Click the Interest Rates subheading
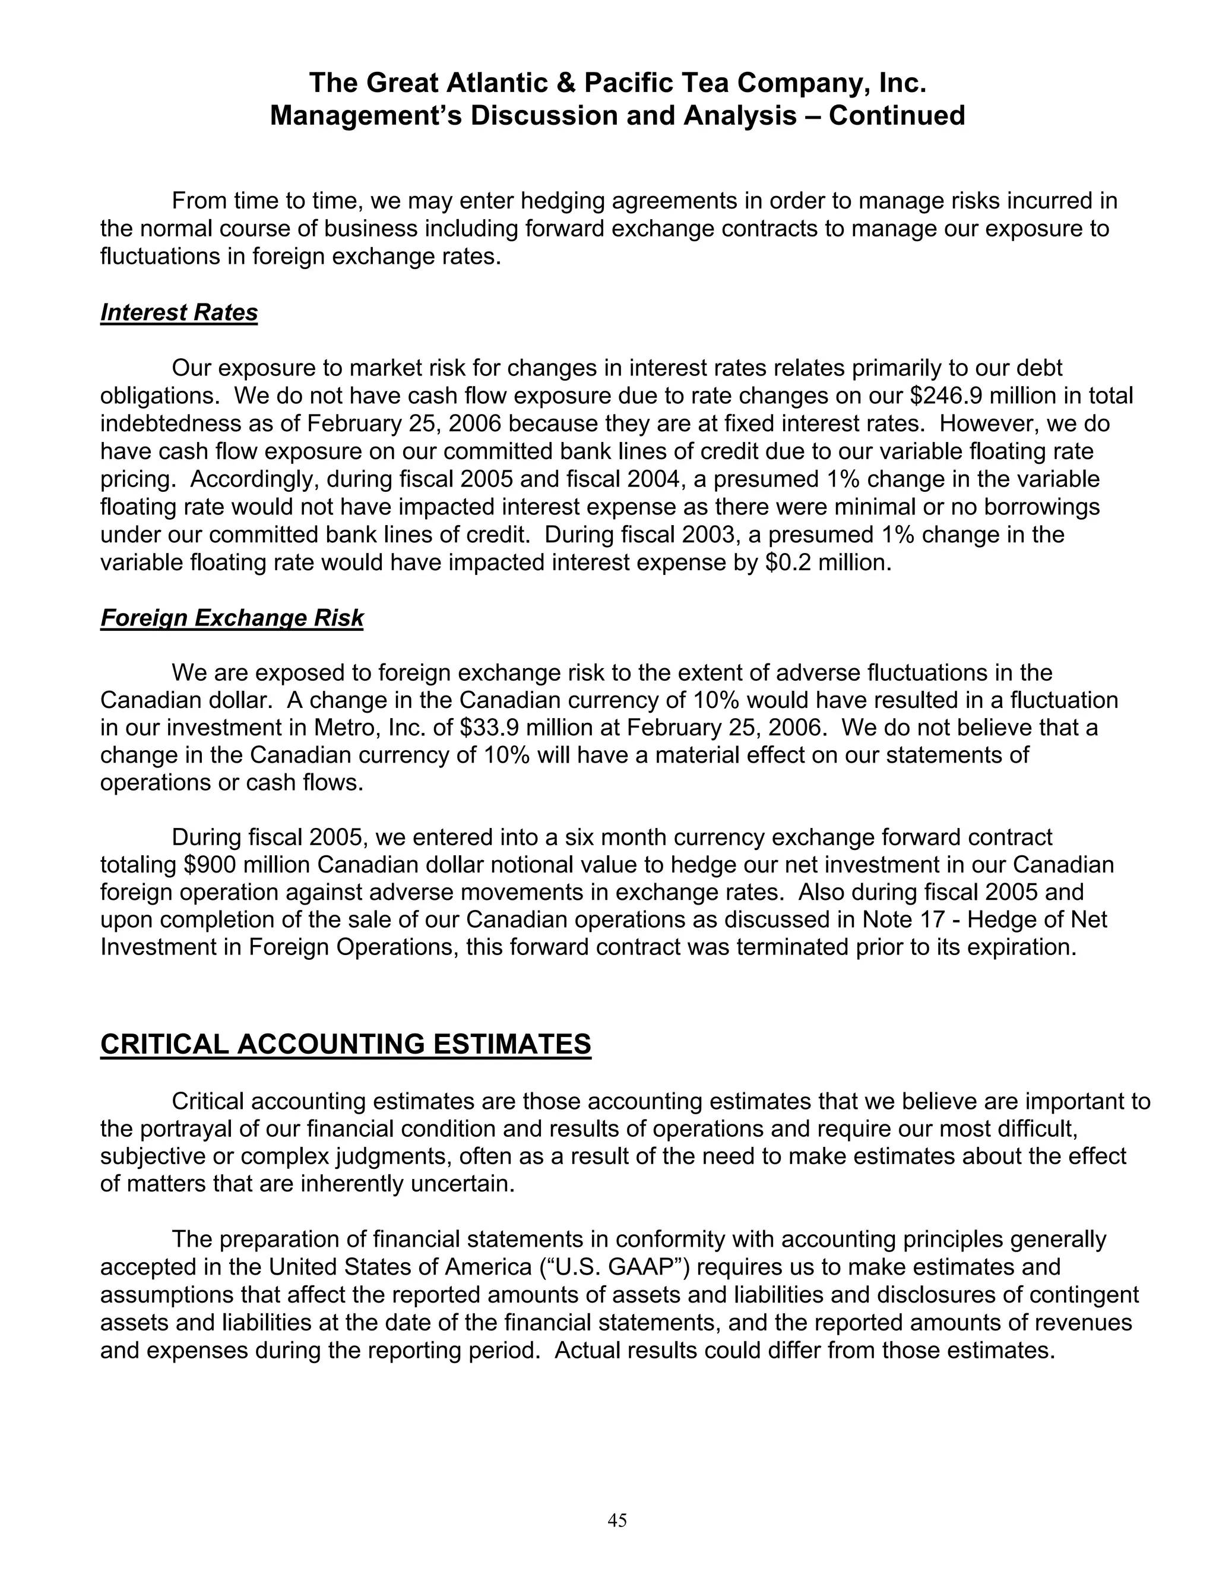click(x=179, y=313)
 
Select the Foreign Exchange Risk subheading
click(x=231, y=618)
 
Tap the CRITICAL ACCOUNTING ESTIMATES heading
click(x=345, y=1044)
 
